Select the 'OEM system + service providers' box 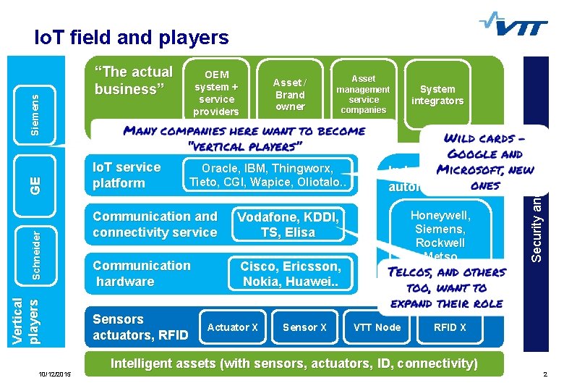coord(217,93)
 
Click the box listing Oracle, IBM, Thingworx coord(269,175)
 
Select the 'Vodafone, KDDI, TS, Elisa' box coord(288,224)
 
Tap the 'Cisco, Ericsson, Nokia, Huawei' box coord(290,274)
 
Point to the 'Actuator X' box coord(232,327)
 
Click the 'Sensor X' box coord(304,327)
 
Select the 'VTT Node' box coord(377,327)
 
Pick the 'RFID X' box coord(449,327)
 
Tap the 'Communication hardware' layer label coord(142,274)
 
